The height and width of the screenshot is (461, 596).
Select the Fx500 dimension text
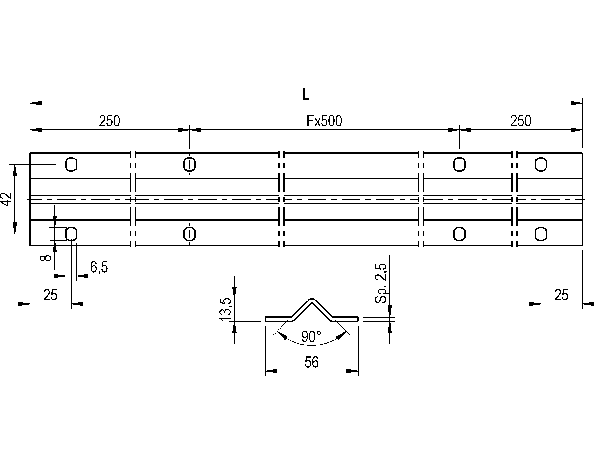pos(324,121)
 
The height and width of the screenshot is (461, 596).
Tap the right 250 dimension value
pos(520,121)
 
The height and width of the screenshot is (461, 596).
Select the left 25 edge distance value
pos(51,295)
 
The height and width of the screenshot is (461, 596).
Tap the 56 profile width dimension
pos(311,362)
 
